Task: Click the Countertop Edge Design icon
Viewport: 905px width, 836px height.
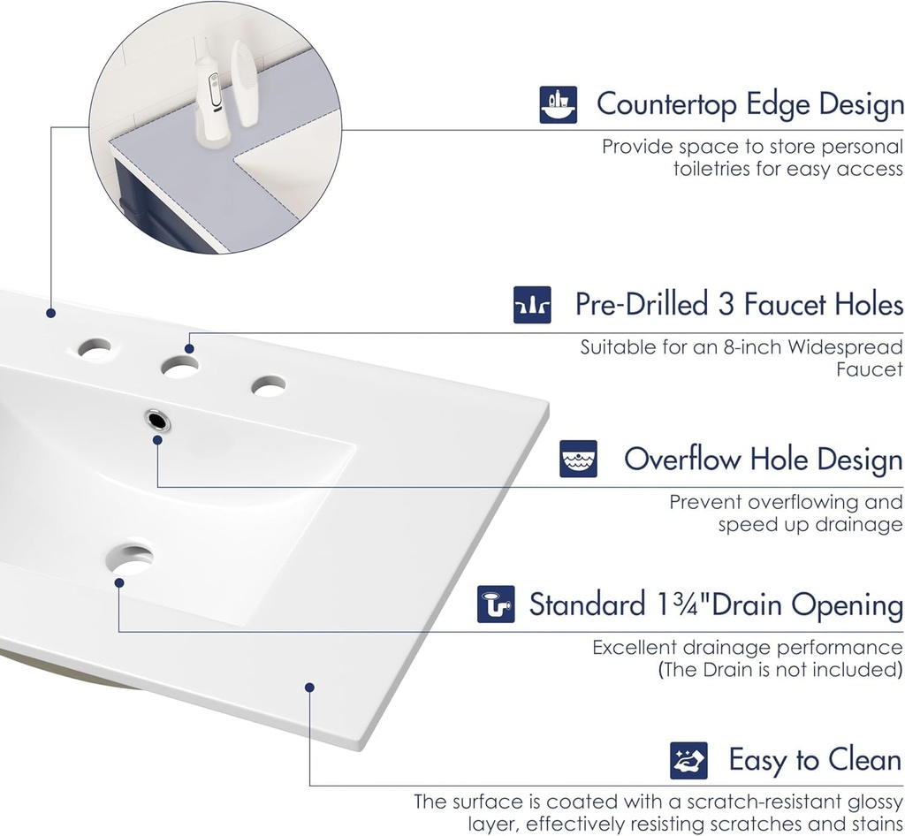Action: click(x=558, y=104)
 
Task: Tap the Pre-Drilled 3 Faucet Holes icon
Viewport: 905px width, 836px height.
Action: click(x=532, y=305)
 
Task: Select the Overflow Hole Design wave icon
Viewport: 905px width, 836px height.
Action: click(x=578, y=460)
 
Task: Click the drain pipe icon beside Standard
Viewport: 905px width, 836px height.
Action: click(x=496, y=604)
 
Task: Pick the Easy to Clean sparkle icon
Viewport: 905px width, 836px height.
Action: click(x=688, y=760)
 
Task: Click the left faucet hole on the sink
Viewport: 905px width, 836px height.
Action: click(x=95, y=348)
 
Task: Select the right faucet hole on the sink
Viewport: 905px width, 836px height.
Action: click(x=268, y=386)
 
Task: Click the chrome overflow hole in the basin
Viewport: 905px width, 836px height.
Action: click(x=158, y=419)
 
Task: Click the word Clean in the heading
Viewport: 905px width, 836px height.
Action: click(x=864, y=760)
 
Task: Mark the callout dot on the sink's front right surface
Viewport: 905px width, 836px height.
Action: click(x=309, y=687)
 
